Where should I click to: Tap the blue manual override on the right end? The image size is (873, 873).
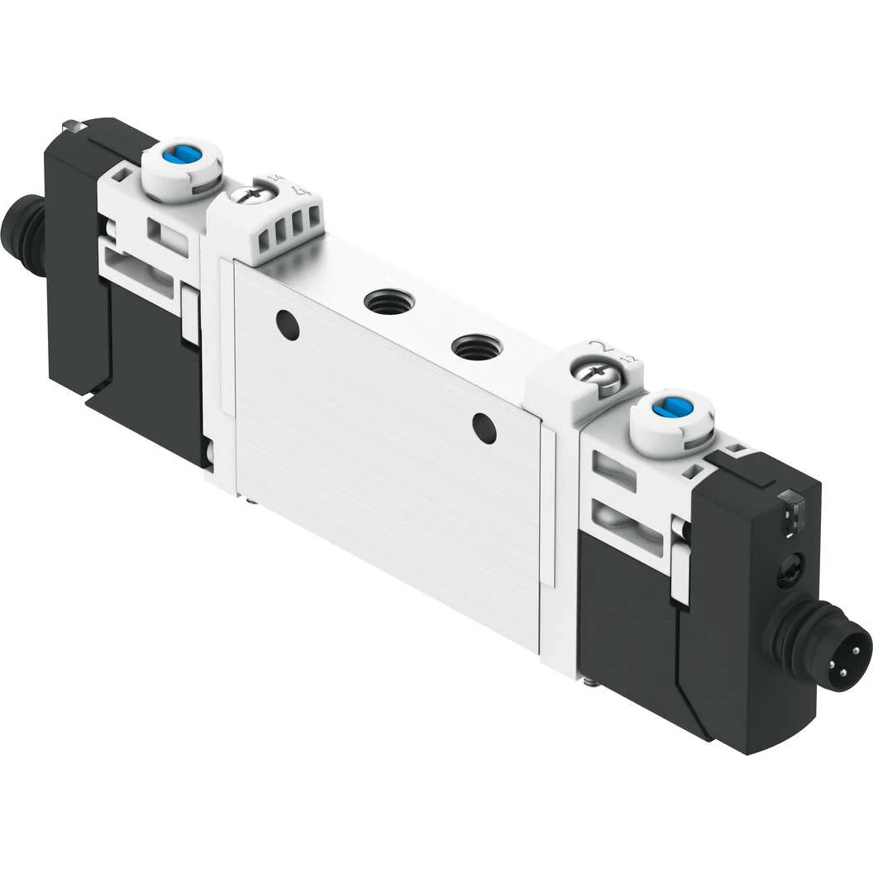pyautogui.click(x=666, y=408)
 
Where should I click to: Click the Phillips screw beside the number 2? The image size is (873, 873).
pyautogui.click(x=593, y=373)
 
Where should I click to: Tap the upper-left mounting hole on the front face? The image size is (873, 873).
pyautogui.click(x=288, y=325)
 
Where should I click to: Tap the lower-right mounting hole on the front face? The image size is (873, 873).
pyautogui.click(x=484, y=428)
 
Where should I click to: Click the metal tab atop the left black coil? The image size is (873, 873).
pyautogui.click(x=73, y=126)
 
